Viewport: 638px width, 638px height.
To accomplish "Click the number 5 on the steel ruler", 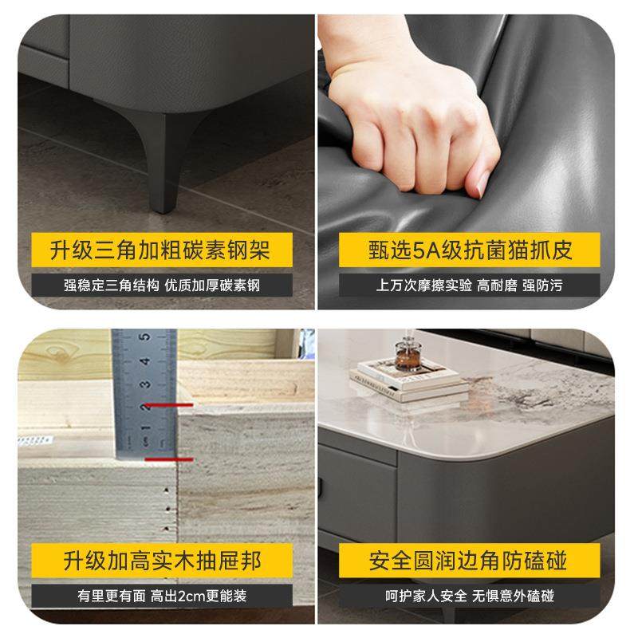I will pos(146,336).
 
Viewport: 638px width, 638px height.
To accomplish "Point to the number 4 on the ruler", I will pos(146,360).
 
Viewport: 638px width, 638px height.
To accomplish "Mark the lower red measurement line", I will pos(167,459).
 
